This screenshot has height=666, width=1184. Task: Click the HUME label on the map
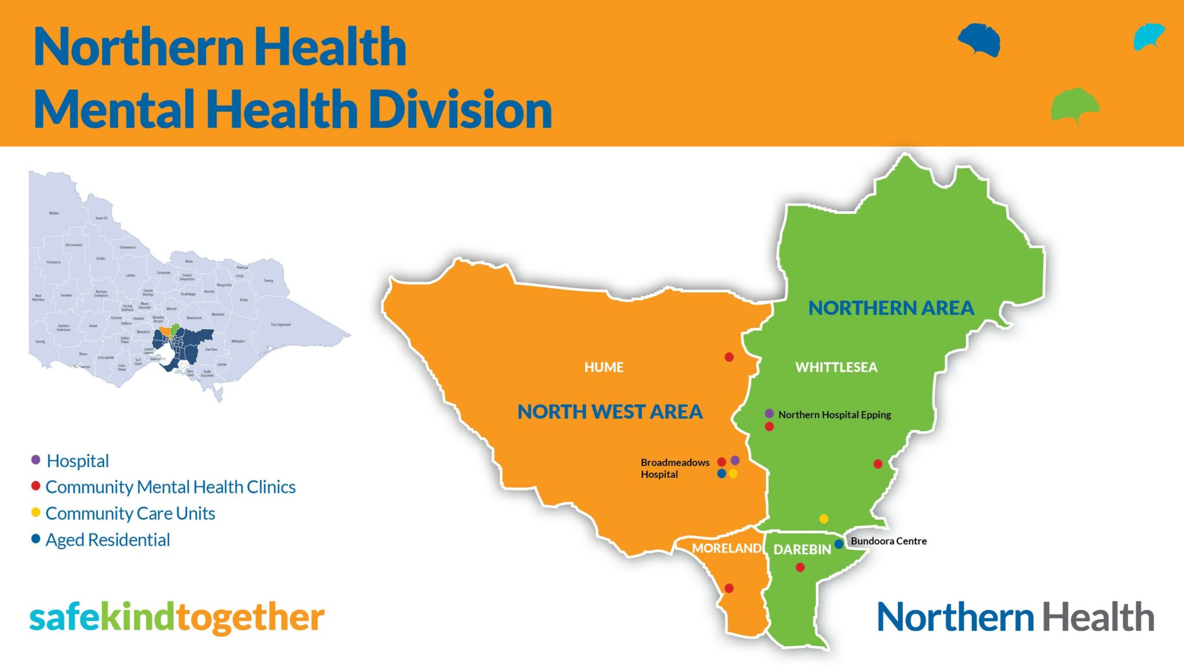[604, 367]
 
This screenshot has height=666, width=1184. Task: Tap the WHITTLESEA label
[836, 367]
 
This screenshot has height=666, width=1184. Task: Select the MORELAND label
[726, 548]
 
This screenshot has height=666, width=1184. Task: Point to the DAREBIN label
[802, 550]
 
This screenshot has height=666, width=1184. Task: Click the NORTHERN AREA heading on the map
[891, 308]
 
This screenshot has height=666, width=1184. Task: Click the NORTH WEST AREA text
[609, 412]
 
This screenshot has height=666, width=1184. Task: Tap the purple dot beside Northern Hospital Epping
[769, 414]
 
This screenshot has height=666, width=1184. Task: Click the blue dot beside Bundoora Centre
[839, 544]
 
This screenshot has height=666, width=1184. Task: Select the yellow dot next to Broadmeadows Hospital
[733, 473]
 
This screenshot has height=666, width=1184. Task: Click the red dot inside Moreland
[729, 588]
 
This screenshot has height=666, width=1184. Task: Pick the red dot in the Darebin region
[800, 567]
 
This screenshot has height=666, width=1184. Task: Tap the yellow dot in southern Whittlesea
[824, 519]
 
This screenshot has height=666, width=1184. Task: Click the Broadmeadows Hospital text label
[674, 468]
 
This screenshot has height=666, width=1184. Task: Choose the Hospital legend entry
[77, 461]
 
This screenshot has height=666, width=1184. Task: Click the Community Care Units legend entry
[130, 513]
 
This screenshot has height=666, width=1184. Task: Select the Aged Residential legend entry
[108, 540]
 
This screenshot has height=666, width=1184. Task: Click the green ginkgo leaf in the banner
[1074, 105]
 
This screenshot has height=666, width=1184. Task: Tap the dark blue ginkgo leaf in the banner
[979, 39]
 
